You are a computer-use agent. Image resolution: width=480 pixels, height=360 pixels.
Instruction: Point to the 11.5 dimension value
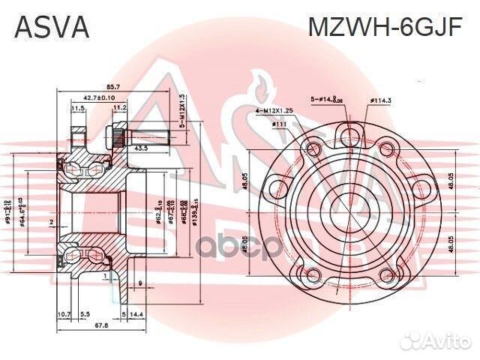coord(77,108)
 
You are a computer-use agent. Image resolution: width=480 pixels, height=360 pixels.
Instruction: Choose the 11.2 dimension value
coord(119,108)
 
